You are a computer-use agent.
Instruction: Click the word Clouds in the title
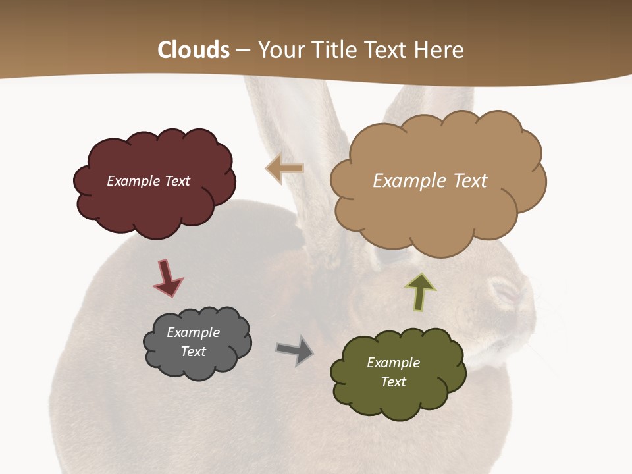click(194, 50)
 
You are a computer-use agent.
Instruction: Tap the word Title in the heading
click(335, 50)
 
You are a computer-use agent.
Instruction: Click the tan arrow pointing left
click(284, 169)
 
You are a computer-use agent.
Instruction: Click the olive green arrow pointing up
click(420, 292)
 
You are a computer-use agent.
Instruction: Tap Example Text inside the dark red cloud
click(148, 181)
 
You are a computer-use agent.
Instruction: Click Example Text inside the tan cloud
click(430, 181)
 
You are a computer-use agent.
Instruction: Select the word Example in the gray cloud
click(193, 332)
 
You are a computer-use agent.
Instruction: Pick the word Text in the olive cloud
click(393, 382)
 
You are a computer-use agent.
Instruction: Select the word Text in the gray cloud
click(193, 352)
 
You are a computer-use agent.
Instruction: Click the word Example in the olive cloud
click(393, 363)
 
